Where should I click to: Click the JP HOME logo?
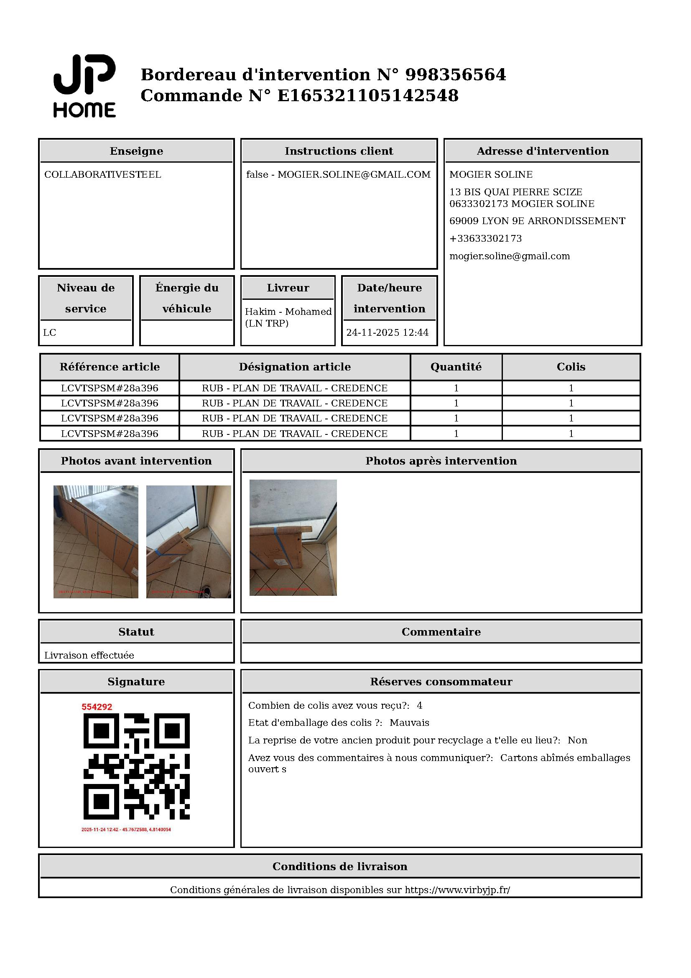(84, 86)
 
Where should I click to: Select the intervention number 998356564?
(455, 75)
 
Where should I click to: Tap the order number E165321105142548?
(368, 96)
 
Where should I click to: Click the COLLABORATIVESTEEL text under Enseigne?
(102, 175)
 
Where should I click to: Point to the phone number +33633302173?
(485, 238)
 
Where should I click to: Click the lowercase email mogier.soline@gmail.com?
(509, 256)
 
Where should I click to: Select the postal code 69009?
(464, 221)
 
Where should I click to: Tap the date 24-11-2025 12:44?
(387, 333)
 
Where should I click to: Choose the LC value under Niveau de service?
(49, 333)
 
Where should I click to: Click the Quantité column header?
(456, 367)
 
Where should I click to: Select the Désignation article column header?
(295, 367)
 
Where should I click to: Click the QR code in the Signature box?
(136, 766)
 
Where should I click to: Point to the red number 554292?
(97, 707)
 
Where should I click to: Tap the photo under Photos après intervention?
(293, 538)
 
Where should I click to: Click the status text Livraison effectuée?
(89, 655)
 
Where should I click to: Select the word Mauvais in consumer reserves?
(409, 723)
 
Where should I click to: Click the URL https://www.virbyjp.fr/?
(457, 890)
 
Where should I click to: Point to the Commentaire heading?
(441, 632)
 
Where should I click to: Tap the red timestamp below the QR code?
(126, 830)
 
